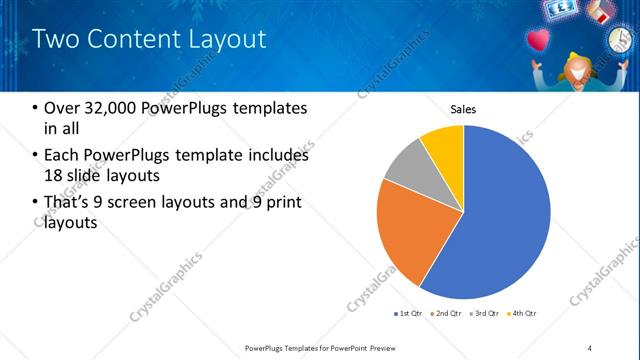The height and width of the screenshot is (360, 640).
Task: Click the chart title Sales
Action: click(x=463, y=109)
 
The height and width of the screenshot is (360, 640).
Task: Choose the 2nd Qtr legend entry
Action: click(x=445, y=314)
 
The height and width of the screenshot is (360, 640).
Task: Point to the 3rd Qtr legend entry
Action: click(x=484, y=314)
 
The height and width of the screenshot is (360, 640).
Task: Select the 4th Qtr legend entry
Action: click(x=521, y=314)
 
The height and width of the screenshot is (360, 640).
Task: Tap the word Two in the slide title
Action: click(x=55, y=39)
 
